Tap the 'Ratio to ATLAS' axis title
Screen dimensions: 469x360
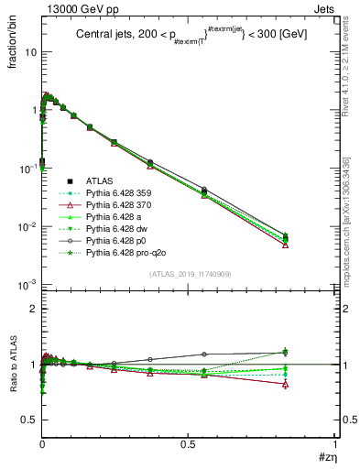(x=12, y=366)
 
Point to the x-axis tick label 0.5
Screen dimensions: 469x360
(x=188, y=443)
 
